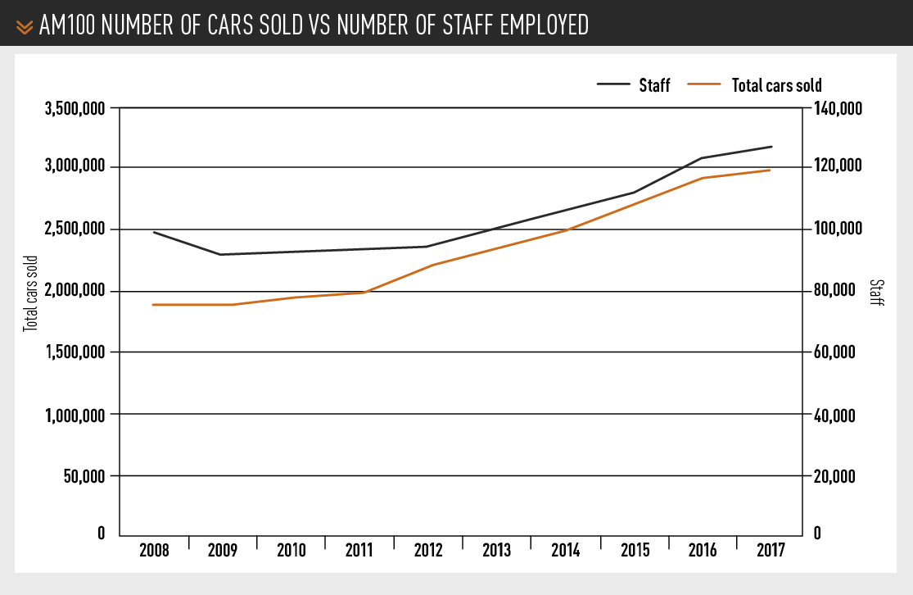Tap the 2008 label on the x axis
(x=154, y=550)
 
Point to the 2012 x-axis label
(x=428, y=550)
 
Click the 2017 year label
(x=771, y=550)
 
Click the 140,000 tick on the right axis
(x=836, y=107)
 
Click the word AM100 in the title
(x=66, y=26)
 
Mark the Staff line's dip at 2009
(x=219, y=254)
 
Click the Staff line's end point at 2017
(x=771, y=147)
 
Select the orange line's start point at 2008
(x=153, y=305)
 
